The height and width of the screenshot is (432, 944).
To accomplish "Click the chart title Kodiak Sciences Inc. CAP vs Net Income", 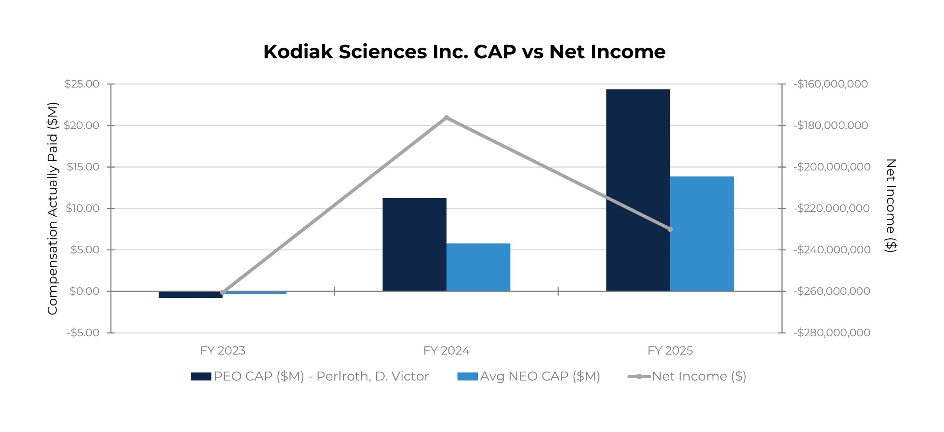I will (x=464, y=52).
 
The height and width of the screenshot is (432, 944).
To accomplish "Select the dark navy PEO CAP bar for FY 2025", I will (x=638, y=190).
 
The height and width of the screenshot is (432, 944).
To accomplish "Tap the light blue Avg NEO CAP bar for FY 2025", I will (x=702, y=234).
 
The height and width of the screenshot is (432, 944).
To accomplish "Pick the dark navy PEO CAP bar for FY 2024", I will (x=414, y=244).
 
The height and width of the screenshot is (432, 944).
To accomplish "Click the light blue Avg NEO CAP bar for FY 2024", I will (x=478, y=267).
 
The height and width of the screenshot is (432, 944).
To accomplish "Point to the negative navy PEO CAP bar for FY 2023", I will (x=190, y=295).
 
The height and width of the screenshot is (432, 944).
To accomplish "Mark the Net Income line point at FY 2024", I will (x=446, y=118).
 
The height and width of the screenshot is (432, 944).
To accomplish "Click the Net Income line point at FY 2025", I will (x=670, y=229).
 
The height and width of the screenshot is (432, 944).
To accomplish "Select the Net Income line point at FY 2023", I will (x=223, y=292).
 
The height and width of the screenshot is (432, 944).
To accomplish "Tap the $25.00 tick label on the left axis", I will (x=82, y=84).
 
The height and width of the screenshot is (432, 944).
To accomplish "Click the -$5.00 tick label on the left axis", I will (x=83, y=332).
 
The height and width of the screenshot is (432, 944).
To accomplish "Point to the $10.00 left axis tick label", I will (x=82, y=208).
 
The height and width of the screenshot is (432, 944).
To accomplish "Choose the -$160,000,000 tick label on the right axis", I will (x=830, y=84).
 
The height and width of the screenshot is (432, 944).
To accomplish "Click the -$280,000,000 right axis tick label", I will (x=831, y=332).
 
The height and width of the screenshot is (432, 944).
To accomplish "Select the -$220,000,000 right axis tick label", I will (x=831, y=208).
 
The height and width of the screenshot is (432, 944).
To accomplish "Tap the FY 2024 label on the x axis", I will (x=446, y=351).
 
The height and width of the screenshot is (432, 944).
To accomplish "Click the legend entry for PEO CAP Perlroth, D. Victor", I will (x=310, y=376).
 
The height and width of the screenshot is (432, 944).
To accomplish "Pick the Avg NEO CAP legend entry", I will (x=529, y=376).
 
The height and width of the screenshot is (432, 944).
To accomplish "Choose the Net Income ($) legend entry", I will (x=687, y=376).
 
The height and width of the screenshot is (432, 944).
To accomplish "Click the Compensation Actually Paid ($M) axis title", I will (x=52, y=208).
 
